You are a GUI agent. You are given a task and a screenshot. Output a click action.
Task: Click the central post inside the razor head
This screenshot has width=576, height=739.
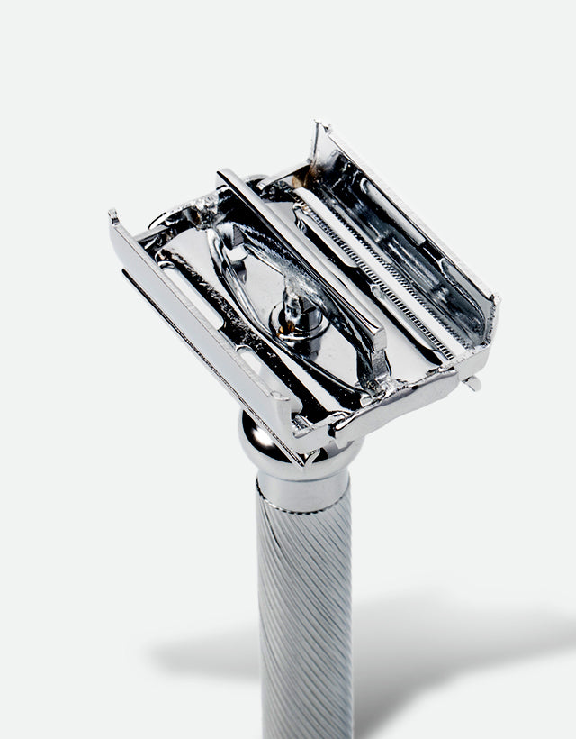[292, 311]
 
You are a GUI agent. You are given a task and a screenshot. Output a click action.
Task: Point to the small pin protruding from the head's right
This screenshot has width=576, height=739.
[473, 382]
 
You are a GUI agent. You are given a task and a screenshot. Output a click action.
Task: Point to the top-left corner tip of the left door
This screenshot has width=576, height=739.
[113, 217]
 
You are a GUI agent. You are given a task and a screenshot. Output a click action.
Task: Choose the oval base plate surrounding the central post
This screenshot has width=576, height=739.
[270, 297]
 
